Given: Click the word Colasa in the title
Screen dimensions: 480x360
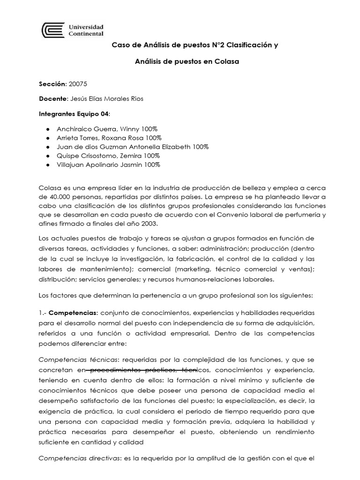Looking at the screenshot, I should pyautogui.click(x=227, y=62).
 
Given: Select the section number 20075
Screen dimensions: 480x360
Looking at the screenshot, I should pyautogui.click(x=78, y=84).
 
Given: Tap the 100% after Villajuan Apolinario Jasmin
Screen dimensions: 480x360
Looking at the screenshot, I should pyautogui.click(x=152, y=165).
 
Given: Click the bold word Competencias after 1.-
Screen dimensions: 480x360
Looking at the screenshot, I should pyautogui.click(x=73, y=312).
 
